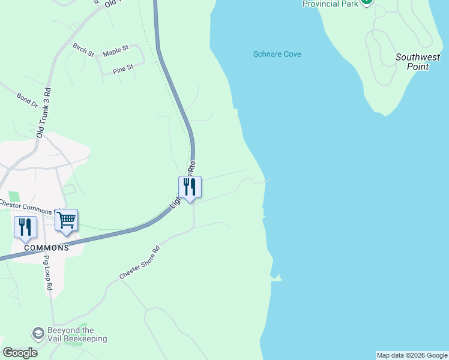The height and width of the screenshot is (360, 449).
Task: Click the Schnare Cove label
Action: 277,55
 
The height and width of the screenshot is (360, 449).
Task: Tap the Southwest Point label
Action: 417,62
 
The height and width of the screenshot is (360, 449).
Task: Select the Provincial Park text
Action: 330,4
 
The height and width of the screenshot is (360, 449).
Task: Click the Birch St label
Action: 83,49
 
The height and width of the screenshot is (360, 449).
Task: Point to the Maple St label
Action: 116,53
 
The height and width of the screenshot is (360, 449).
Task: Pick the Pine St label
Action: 122,69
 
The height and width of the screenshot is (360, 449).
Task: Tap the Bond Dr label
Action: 28,100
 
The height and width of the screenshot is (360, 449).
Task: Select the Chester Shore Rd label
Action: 140,263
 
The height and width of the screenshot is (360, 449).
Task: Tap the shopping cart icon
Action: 66,220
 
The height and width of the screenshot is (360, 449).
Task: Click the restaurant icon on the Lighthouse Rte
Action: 190,187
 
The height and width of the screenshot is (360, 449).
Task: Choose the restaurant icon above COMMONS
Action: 25,227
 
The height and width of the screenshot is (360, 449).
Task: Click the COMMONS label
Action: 46,248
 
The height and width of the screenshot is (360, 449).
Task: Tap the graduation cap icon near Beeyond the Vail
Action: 38,333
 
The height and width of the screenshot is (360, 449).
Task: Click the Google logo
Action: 20,353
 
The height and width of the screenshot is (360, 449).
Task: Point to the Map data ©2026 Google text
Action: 412,355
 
